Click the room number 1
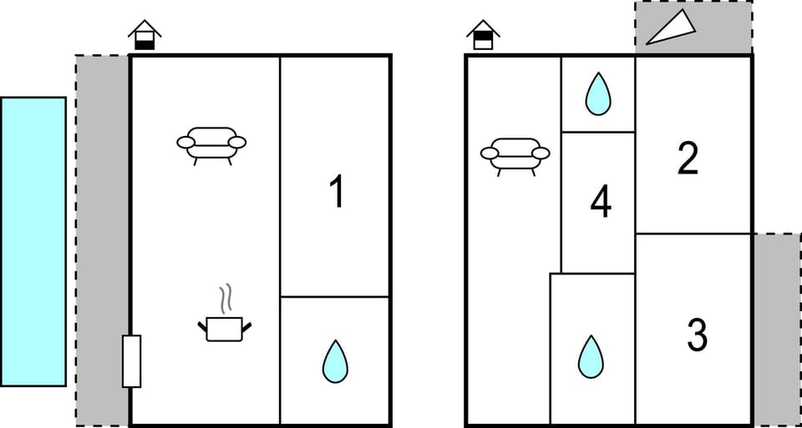pos(336,193)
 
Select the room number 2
pos(688,159)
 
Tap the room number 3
pos(697,334)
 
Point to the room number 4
pos(600,203)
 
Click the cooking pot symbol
pos(224,328)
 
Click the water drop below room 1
pos(335,361)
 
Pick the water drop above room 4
pos(597,93)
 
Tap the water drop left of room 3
pos(591,356)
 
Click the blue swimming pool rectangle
pos(33,241)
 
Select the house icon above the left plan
pos(145,35)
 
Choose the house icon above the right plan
pos(483,35)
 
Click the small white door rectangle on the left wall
pos(131,360)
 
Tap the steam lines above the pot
pos(225,299)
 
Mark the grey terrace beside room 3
pos(777,330)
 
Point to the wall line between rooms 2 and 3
pos(693,234)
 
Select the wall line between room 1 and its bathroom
pos(335,296)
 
